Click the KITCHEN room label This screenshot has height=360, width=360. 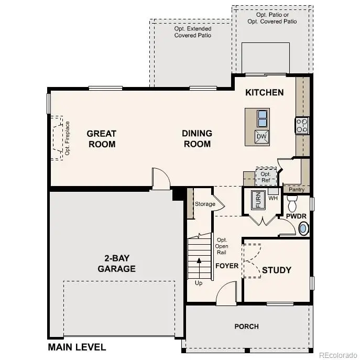click(265, 93)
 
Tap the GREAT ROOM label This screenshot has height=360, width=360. click(102, 139)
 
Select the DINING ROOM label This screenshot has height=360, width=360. click(197, 139)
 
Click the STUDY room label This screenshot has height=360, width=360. click(276, 270)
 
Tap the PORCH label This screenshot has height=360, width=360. click(246, 326)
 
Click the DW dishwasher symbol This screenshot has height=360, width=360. click(261, 137)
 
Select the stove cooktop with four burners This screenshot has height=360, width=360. click(302, 126)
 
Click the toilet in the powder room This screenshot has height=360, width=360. click(292, 202)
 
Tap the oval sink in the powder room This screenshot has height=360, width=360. click(303, 228)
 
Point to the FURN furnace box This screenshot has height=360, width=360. click(257, 200)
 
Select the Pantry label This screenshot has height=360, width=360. click(296, 190)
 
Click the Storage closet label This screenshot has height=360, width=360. click(205, 204)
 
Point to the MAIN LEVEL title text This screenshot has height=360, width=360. click(77, 347)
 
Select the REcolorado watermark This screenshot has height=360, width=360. click(339, 353)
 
